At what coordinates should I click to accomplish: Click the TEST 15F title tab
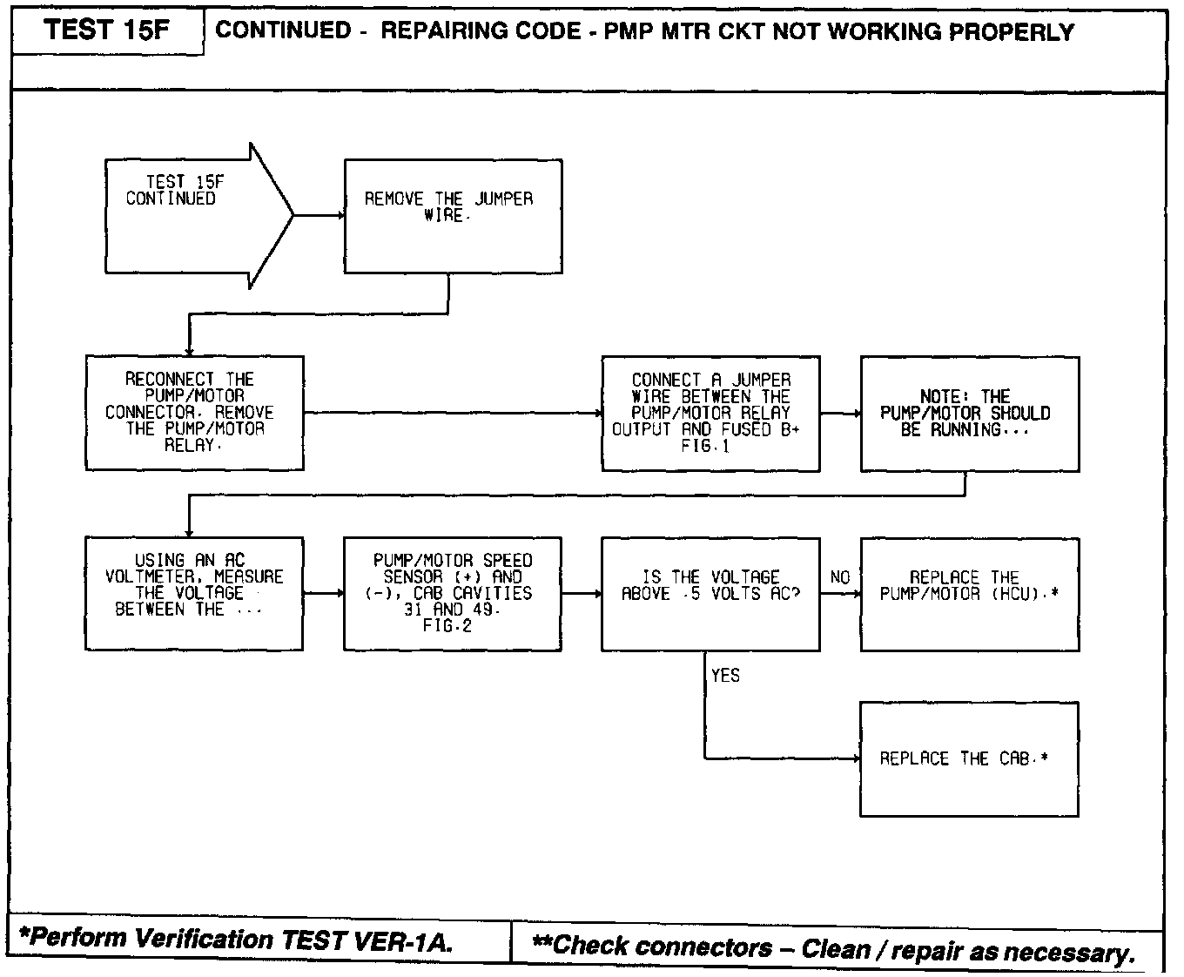pos(108,31)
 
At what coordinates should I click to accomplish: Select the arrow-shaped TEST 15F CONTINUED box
pos(192,215)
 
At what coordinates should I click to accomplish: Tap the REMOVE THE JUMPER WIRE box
pos(453,216)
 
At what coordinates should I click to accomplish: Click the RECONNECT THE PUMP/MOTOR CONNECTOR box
pos(194,413)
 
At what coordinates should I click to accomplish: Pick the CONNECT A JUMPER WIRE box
pos(710,414)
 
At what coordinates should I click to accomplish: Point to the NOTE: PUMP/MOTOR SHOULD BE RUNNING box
pos(969,414)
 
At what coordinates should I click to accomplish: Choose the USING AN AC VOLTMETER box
pos(194,593)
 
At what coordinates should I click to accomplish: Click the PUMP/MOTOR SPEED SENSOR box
pos(453,593)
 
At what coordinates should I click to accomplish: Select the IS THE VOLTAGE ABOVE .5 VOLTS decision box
pos(710,593)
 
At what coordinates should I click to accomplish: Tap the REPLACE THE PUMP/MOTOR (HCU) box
pos(969,593)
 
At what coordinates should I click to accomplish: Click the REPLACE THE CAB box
pos(969,758)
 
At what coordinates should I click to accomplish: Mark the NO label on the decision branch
pos(840,577)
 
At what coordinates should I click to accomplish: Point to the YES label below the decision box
pos(725,676)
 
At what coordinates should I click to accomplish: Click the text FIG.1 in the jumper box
pos(706,447)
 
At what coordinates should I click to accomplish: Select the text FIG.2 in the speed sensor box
pos(447,626)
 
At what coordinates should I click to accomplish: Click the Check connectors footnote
pos(833,947)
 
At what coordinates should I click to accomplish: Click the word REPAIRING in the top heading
pos(443,31)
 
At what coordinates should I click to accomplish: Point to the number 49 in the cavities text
pos(485,610)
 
